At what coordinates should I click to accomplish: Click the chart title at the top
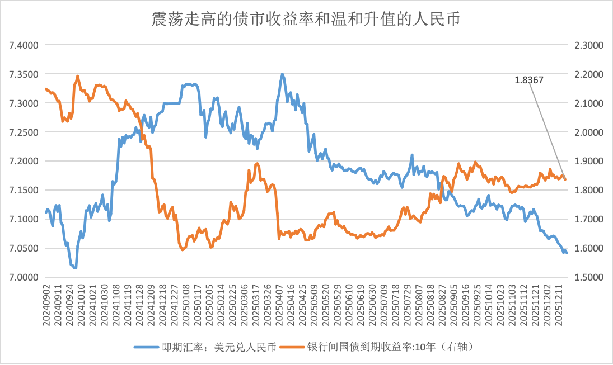pyautogui.click(x=306, y=19)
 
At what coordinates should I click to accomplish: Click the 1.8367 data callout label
pyautogui.click(x=529, y=80)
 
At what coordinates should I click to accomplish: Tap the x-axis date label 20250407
pyautogui.click(x=278, y=305)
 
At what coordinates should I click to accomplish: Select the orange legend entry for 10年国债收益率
pyautogui.click(x=392, y=347)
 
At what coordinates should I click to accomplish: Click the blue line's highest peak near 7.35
pyautogui.click(x=282, y=74)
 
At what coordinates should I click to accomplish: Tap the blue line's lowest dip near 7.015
pyautogui.click(x=75, y=268)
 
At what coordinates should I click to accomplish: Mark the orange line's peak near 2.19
pyautogui.click(x=77, y=76)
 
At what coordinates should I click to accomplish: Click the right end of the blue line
pyautogui.click(x=567, y=253)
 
